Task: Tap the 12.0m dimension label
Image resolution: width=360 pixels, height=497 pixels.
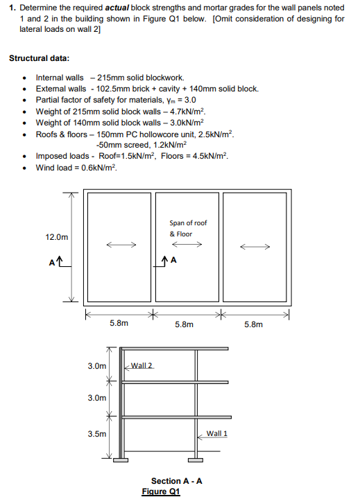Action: (57, 237)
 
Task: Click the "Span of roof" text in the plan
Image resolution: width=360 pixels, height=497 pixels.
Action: (188, 223)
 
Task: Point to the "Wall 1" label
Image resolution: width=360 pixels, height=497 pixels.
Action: (217, 434)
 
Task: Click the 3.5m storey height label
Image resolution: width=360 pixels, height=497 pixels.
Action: (98, 435)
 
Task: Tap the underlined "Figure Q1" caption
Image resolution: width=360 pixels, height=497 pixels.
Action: (160, 491)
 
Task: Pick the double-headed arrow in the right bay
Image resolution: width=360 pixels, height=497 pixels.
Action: (255, 246)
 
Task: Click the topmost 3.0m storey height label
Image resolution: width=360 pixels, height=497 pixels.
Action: (98, 365)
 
